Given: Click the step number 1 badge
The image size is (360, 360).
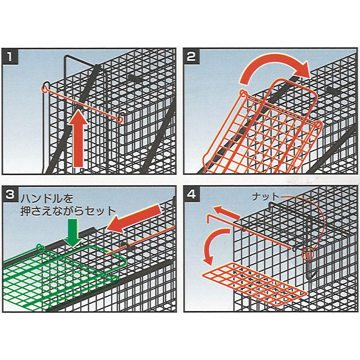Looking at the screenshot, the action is click(9, 57).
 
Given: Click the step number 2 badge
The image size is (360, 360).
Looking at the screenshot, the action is click(191, 57).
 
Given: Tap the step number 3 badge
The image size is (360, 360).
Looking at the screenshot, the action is click(9, 194).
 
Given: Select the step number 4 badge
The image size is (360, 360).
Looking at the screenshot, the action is click(191, 194).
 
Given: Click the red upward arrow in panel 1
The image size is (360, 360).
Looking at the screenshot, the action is click(78, 140).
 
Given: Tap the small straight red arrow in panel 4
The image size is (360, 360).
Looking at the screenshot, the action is click(226, 212).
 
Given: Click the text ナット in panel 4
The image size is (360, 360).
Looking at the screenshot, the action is click(265, 197).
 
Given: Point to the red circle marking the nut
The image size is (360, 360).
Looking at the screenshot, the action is click(307, 254).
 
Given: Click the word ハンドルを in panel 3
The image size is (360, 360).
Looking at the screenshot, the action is click(47, 198).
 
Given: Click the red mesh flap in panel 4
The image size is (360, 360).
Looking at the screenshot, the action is click(254, 285).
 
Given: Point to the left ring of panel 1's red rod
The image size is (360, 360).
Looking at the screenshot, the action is click(45, 88).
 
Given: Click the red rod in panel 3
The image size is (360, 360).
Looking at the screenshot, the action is click(140, 240).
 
